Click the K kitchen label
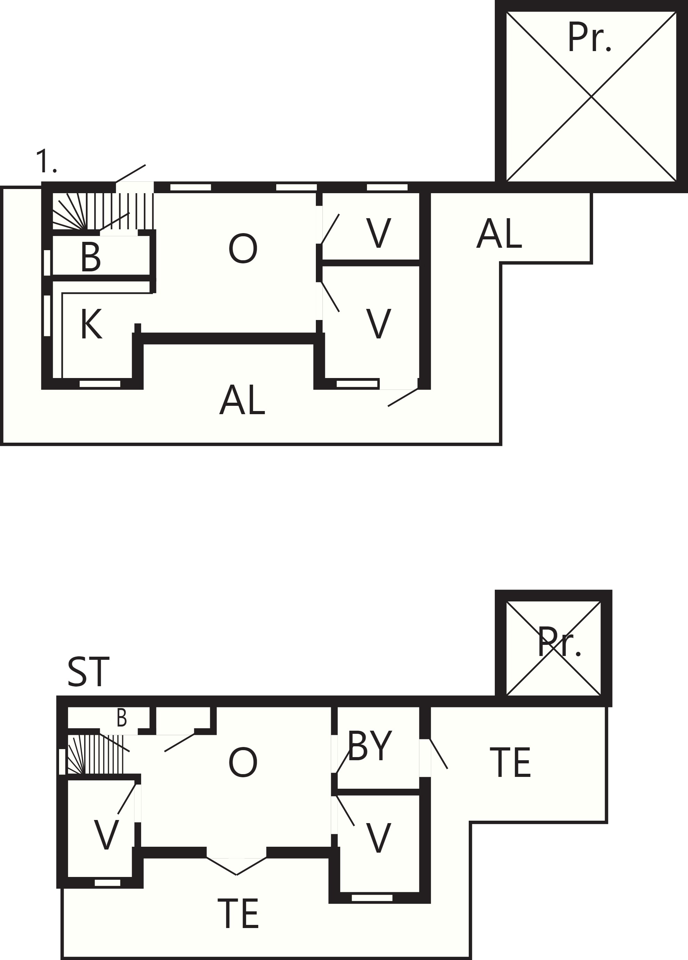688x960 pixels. [91, 324]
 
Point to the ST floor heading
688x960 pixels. [89, 672]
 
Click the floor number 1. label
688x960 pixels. [46, 161]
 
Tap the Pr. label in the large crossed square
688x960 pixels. [589, 37]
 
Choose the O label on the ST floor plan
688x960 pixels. [243, 763]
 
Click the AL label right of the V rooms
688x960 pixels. [499, 233]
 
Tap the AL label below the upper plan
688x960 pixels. [242, 400]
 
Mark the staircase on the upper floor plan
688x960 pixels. [103, 211]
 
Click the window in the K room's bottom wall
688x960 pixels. [100, 384]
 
